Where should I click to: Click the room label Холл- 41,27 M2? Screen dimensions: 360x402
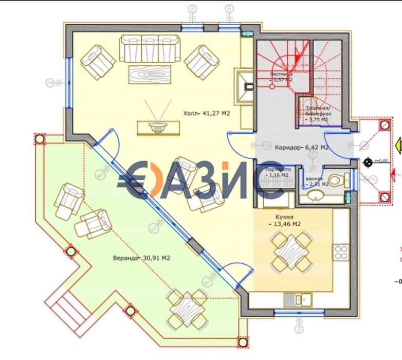[206, 114]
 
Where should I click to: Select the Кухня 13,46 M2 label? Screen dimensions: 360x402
[284, 221]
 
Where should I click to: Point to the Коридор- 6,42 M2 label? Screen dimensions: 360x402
[308, 148]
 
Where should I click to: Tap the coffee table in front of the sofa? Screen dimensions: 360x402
[149, 73]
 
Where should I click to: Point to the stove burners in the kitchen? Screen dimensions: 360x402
[341, 252]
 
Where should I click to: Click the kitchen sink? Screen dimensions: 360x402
[301, 298]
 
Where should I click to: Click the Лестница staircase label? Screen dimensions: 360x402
[282, 77]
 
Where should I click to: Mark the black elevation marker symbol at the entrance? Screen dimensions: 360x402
[368, 163]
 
